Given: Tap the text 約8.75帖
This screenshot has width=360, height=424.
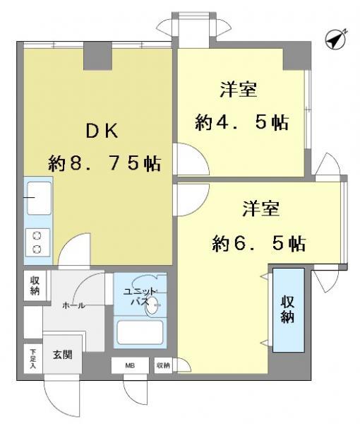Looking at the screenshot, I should point(104,164).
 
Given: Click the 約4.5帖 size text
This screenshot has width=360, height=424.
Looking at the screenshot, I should point(241,122).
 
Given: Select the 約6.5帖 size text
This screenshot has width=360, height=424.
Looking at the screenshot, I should point(259,244).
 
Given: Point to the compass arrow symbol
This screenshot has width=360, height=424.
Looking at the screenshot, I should point(335,40).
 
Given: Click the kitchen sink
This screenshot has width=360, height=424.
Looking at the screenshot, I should point(37,197).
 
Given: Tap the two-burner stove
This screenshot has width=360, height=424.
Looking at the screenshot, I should point(37,242).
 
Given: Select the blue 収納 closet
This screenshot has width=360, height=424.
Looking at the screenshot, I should point(289,310).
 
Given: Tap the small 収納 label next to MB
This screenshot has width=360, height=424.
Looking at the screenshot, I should point(163,365).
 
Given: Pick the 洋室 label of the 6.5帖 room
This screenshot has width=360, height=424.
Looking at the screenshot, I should point(262,208).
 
